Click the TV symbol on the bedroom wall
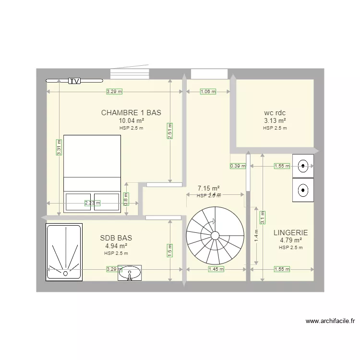pos(74,81)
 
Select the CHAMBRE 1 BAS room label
pos(131,113)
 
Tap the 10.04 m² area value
pos(131,121)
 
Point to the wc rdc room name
pos(275,113)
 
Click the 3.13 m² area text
pos(275,121)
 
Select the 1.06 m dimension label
pos(208,91)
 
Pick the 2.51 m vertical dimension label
pos(170,131)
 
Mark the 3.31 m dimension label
pos(59,147)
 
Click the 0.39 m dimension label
pos(238,166)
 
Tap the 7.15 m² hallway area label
pos(209,188)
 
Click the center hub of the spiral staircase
pos(215,235)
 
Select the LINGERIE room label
pos(290,232)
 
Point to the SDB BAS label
pos(116,238)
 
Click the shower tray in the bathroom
pos(64,252)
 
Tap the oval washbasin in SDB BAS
pos(130,273)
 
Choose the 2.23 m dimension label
pos(92,203)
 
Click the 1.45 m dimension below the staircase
pos(216,269)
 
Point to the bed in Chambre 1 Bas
pos(92,173)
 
